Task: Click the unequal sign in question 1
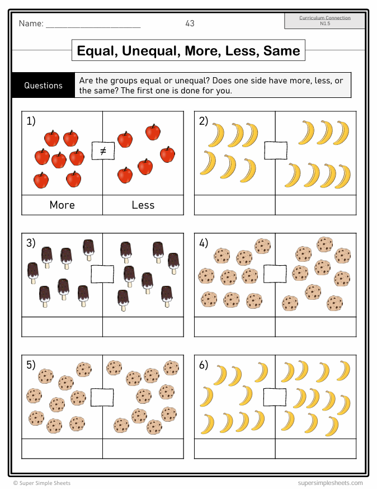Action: coord(102,151)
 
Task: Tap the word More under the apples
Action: coord(62,205)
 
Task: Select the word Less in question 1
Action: coord(143,205)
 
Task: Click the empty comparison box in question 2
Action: coord(275,150)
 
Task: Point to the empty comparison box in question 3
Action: coord(102,274)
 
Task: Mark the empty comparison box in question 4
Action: coord(275,274)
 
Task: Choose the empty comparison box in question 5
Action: coord(102,396)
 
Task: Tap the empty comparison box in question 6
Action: coord(275,396)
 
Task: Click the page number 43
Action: coord(190,23)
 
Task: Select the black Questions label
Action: coord(43,86)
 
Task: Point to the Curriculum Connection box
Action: coord(324,21)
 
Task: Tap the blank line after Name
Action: coord(93,24)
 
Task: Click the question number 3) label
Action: coord(31,243)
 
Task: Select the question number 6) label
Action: coord(204,365)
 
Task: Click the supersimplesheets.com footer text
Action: coord(331,483)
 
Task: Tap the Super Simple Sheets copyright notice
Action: coord(42,483)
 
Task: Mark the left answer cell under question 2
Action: coord(234,205)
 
